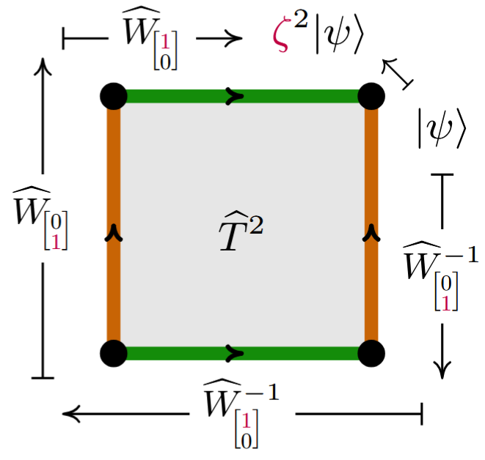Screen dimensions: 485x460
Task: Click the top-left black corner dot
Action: click(x=114, y=97)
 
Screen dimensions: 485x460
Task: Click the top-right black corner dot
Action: click(x=371, y=97)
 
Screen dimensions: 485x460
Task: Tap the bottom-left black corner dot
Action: click(x=114, y=354)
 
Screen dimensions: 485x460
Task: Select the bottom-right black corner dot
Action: click(x=371, y=354)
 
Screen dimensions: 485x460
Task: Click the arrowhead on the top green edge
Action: click(x=235, y=97)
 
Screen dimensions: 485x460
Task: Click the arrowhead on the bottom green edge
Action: click(x=235, y=354)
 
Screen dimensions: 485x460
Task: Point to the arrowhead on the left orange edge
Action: click(x=114, y=232)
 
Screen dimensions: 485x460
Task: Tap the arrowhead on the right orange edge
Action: click(x=371, y=232)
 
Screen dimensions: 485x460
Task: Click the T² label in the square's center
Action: click(x=241, y=231)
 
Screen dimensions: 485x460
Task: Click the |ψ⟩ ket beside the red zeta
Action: click(x=339, y=37)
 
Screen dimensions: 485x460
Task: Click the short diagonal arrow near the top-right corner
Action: click(x=398, y=74)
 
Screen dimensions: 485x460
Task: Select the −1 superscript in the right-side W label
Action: click(x=462, y=256)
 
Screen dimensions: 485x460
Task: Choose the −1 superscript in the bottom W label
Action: click(x=262, y=393)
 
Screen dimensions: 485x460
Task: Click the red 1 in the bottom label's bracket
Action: click(x=247, y=420)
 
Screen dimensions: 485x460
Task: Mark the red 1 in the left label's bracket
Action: click(x=56, y=242)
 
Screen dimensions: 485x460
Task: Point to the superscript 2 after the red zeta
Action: click(x=301, y=19)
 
